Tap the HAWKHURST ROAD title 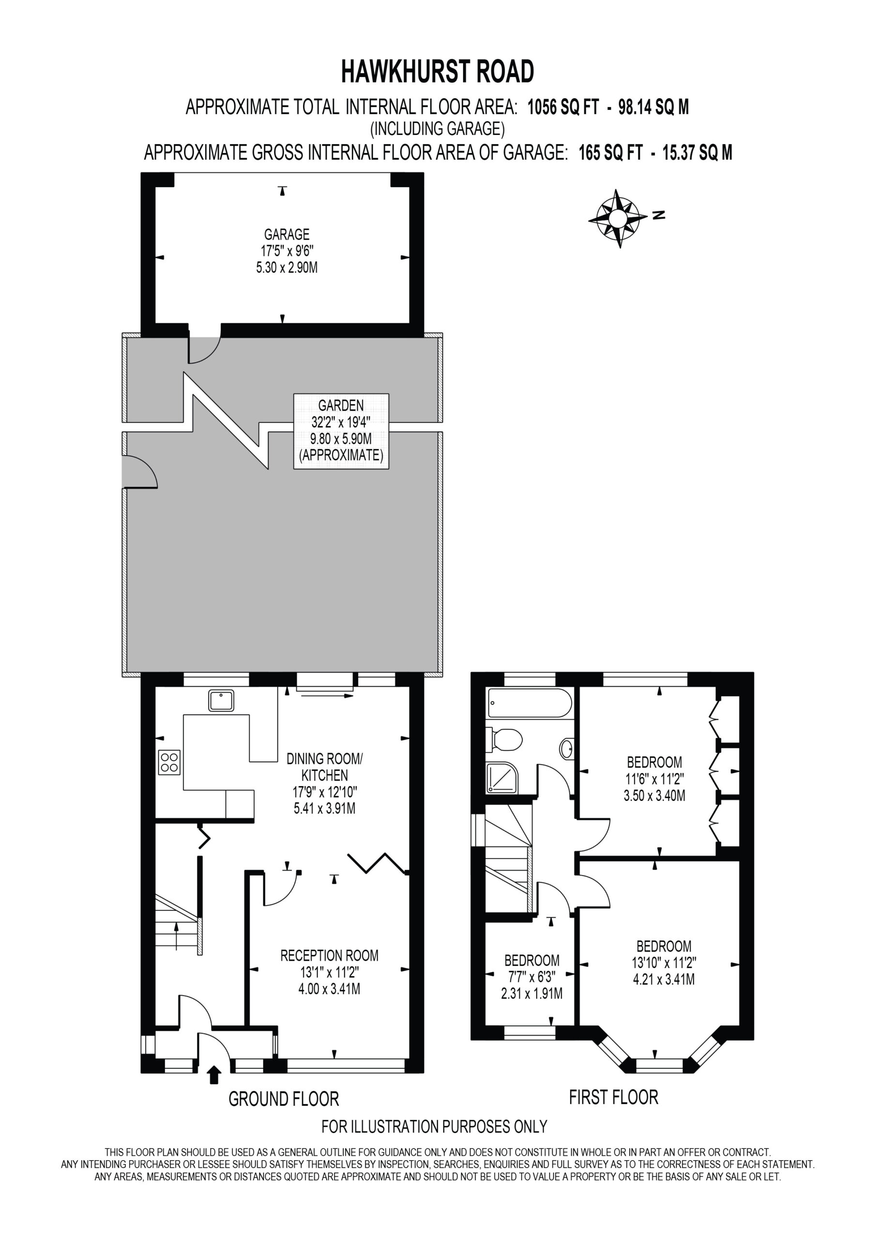[438, 72]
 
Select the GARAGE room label [287, 234]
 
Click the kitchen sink [221, 700]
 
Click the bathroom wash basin [567, 748]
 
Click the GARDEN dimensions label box [341, 431]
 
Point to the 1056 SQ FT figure [563, 107]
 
